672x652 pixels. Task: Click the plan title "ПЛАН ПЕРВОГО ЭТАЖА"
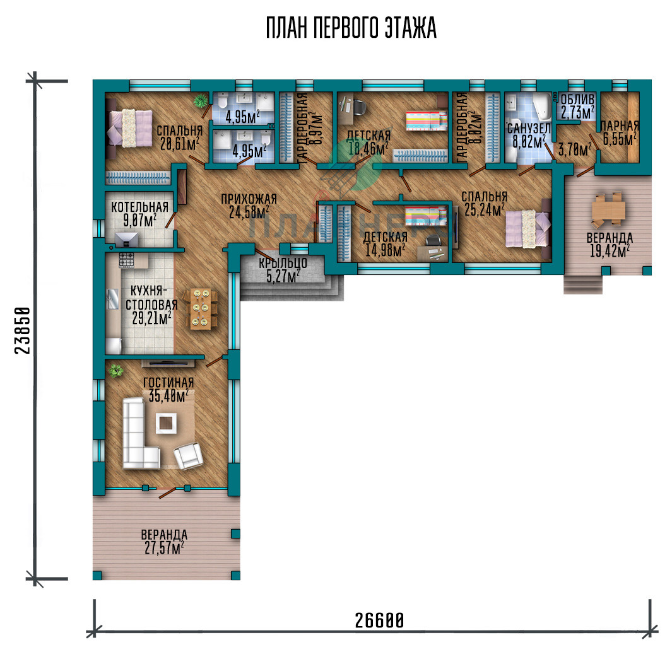coord(351,28)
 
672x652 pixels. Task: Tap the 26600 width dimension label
coord(379,620)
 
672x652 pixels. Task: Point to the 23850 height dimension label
coord(23,330)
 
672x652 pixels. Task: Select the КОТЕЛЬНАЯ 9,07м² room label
coord(139,214)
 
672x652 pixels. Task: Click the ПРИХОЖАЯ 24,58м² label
coord(249,206)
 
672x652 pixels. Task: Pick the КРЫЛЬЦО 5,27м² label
coord(283,270)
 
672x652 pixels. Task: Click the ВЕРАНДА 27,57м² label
coord(164,542)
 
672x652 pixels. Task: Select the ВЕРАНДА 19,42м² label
coord(610,245)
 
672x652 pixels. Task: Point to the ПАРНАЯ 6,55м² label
coord(619,133)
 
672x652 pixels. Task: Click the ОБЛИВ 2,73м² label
coord(578,106)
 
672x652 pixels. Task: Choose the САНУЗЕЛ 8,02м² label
coord(529,136)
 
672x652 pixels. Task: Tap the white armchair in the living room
coord(188,456)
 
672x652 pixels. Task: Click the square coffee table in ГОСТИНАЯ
coord(166,423)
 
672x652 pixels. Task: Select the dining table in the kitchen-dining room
coord(200,310)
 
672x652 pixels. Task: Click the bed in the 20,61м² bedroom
coord(130,129)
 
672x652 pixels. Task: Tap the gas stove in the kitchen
coord(126,260)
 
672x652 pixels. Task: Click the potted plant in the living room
coord(115,371)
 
